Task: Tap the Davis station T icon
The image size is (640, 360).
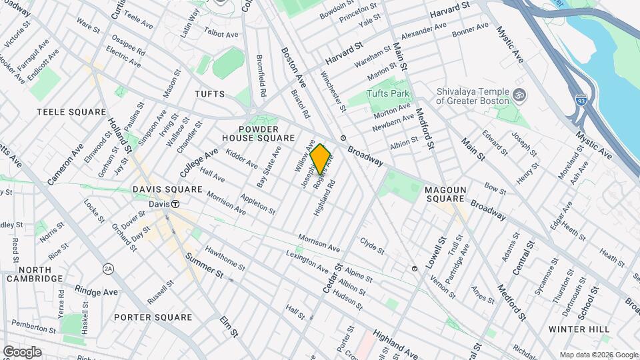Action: (x=175, y=204)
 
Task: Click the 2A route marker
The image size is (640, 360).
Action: (x=108, y=269)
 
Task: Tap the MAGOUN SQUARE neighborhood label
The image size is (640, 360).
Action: (x=445, y=194)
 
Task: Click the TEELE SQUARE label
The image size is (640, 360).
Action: (x=71, y=112)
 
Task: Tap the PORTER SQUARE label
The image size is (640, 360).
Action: (x=153, y=317)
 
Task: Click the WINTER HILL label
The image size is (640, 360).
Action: (x=579, y=329)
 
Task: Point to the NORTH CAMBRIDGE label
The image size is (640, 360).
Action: (x=35, y=274)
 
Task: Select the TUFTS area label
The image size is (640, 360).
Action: (x=209, y=94)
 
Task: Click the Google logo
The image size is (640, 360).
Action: (x=22, y=351)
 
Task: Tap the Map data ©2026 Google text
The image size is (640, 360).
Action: (x=598, y=355)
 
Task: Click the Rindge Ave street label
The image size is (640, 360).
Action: (x=97, y=291)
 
